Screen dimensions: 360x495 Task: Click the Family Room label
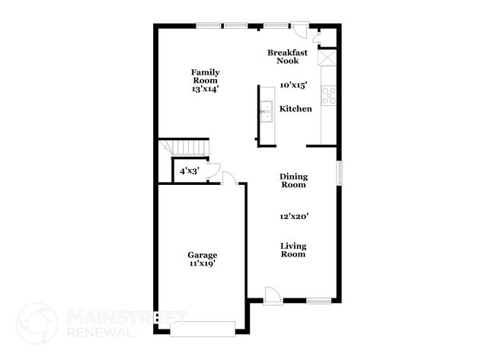tap(205, 76)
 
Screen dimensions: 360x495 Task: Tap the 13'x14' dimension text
tap(205, 89)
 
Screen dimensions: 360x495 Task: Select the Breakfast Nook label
tap(287, 56)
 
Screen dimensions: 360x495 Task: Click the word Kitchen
tap(295, 109)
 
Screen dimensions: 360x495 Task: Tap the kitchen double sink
tap(267, 112)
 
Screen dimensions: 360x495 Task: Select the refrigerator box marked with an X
tap(327, 58)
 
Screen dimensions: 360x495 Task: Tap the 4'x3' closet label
tap(188, 171)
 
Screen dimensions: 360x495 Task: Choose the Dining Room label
tap(293, 180)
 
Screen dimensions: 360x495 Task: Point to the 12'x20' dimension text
tap(293, 216)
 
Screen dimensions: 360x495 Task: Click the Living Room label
tap(293, 250)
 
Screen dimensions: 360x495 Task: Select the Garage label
tap(203, 255)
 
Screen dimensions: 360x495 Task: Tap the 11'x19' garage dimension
tap(203, 264)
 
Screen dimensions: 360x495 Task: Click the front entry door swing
tap(273, 295)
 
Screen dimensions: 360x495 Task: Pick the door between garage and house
tap(229, 178)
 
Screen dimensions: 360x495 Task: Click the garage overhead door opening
tap(203, 328)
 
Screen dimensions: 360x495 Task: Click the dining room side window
tap(340, 172)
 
